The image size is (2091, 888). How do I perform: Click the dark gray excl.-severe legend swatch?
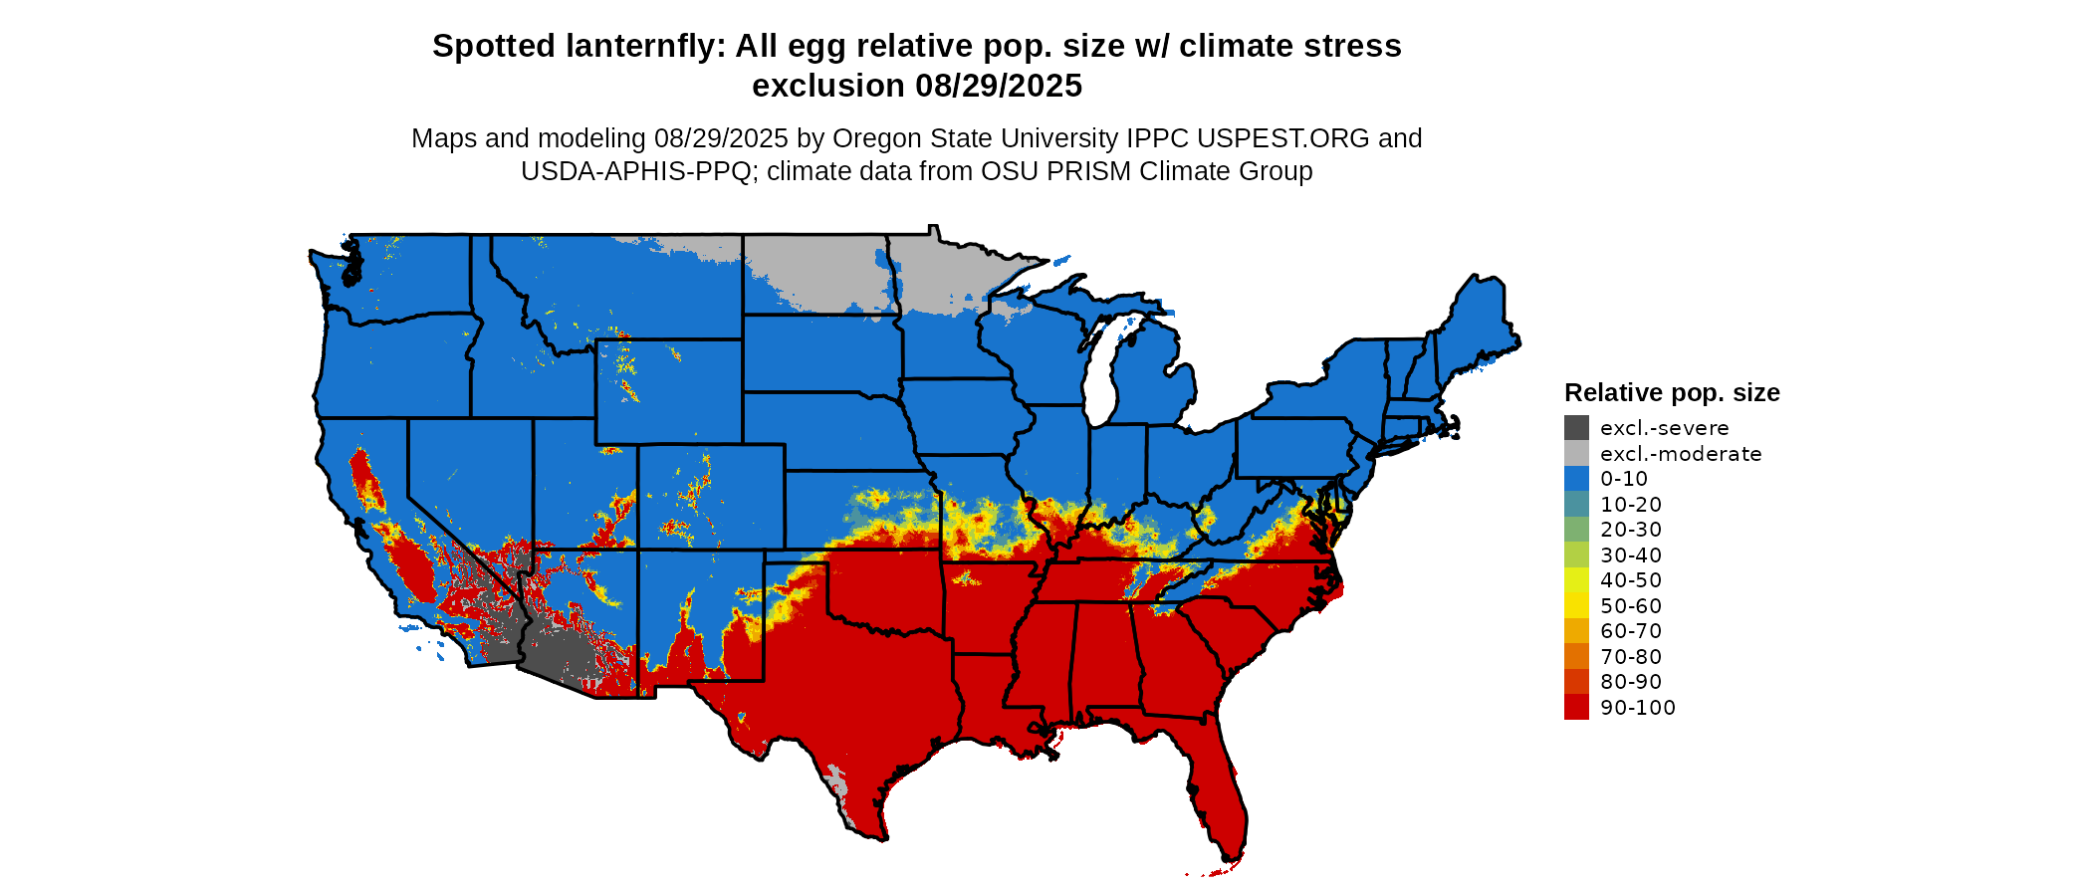[1576, 428]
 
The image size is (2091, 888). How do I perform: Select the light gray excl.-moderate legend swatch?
[1576, 454]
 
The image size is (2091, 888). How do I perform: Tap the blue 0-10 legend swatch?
[1576, 479]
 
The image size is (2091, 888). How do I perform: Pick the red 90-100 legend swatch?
[1576, 708]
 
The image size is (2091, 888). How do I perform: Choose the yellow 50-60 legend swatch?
[1576, 606]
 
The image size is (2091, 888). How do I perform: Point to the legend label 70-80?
[1631, 657]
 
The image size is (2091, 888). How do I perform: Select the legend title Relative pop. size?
[1672, 392]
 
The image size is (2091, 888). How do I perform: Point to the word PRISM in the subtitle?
[1093, 171]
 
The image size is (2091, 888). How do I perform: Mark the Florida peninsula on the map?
[1220, 796]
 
